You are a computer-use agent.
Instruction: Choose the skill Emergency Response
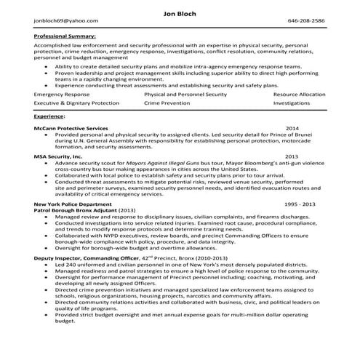[x=57, y=95]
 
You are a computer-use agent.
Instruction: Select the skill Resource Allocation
[x=300, y=95]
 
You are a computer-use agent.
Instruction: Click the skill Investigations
[x=292, y=105]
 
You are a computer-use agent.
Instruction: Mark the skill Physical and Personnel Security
[x=184, y=95]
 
